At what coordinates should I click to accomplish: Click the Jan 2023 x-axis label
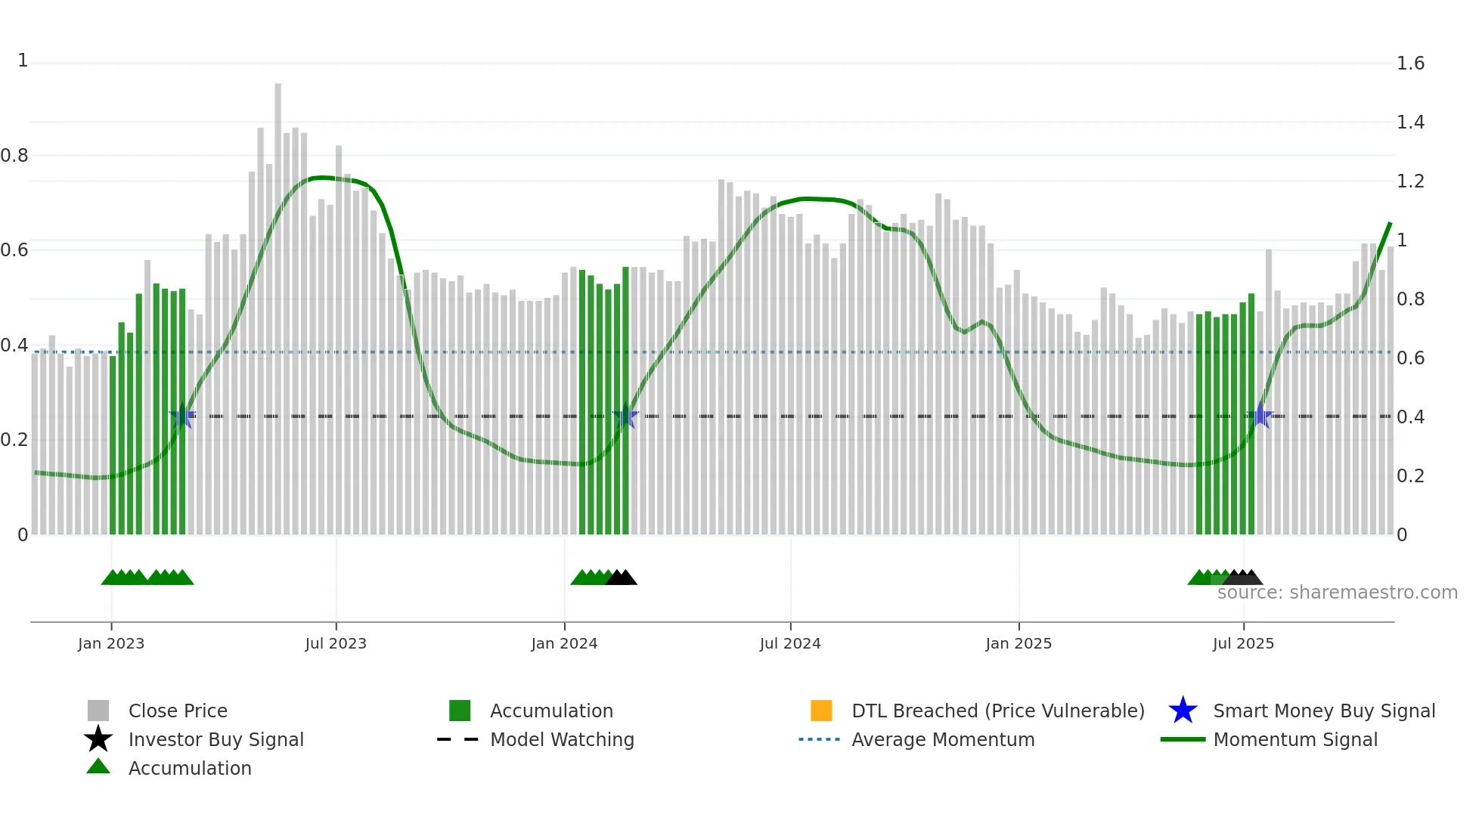click(111, 644)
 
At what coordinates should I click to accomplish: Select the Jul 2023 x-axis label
click(336, 644)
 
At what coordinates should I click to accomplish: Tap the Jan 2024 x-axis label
click(564, 644)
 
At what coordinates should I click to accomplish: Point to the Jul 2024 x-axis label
click(790, 644)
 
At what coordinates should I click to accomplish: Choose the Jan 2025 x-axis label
click(1018, 644)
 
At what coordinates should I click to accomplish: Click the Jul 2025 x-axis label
click(1243, 644)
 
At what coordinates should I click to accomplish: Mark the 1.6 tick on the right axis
click(1410, 63)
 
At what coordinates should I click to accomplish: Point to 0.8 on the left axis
click(14, 156)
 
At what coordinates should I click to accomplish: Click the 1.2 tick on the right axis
click(1410, 181)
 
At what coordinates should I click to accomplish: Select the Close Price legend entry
click(178, 711)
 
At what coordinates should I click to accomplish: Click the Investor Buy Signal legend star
click(98, 740)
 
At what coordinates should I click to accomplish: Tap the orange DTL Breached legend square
click(821, 711)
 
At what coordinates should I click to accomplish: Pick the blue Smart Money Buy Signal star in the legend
click(1183, 711)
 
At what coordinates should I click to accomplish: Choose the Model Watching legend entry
click(562, 740)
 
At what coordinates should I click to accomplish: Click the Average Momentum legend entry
click(943, 740)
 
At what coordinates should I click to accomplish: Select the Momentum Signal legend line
click(1183, 740)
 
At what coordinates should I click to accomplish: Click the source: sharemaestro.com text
click(1337, 593)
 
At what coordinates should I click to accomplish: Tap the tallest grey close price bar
click(277, 302)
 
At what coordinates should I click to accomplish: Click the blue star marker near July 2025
click(1260, 416)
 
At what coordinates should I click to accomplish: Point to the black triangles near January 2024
click(621, 578)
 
